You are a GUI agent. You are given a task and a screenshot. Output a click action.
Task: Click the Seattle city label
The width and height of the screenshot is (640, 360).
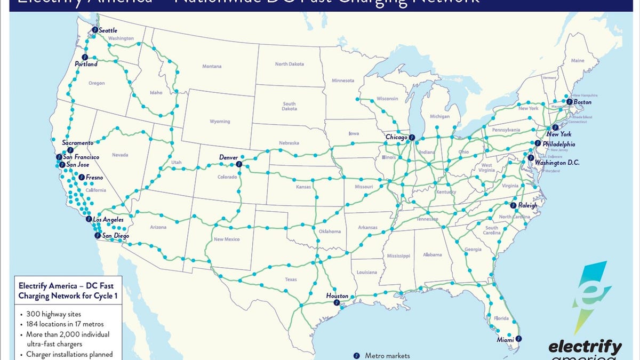(x=108, y=30)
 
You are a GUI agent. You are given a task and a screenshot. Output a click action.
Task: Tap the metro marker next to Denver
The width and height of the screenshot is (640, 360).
(x=238, y=164)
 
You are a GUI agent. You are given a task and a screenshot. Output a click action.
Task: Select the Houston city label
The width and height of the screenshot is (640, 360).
(x=337, y=296)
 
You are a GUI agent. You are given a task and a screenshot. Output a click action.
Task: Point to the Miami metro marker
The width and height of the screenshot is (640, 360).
(x=518, y=338)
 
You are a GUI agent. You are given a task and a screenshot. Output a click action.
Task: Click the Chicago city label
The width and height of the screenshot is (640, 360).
(x=396, y=137)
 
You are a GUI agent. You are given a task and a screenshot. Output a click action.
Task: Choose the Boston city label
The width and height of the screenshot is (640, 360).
(x=582, y=102)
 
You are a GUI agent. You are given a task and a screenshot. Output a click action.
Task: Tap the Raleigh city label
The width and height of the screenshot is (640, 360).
(x=527, y=205)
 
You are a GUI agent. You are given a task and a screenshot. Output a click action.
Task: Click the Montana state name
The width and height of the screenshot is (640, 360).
(x=212, y=67)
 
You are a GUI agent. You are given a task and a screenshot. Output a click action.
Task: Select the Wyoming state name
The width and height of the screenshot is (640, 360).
(x=220, y=122)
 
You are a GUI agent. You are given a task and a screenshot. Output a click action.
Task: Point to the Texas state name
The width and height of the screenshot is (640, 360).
(x=291, y=279)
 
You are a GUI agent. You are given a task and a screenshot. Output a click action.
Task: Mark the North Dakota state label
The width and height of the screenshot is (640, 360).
(x=290, y=64)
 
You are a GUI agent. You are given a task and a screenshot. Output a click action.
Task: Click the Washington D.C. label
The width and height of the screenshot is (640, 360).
(x=557, y=162)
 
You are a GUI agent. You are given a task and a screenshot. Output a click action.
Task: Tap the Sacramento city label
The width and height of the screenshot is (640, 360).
(x=77, y=143)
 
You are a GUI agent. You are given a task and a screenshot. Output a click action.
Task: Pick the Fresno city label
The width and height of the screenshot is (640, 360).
(x=94, y=177)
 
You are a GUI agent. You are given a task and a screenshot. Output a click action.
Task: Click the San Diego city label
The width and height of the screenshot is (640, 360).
(x=115, y=236)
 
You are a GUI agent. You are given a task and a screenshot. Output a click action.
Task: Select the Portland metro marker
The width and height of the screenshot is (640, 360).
(x=85, y=57)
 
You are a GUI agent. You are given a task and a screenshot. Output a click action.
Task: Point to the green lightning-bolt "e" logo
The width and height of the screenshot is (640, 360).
(x=591, y=293)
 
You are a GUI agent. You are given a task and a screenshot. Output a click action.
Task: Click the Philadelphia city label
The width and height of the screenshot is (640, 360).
(x=558, y=144)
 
